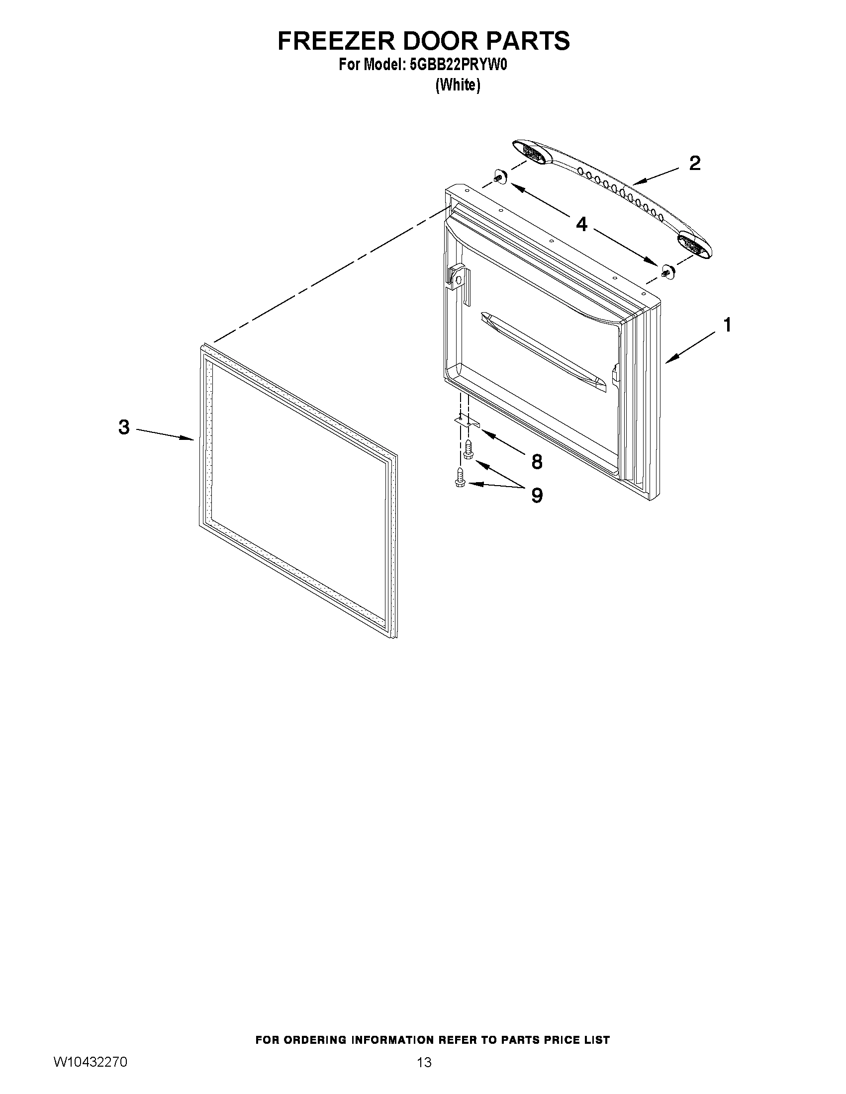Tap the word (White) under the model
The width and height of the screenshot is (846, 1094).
click(458, 85)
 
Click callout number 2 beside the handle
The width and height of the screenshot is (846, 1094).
click(694, 164)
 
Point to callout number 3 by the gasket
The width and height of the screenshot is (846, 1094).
click(124, 427)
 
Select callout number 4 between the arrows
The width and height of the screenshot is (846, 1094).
click(581, 224)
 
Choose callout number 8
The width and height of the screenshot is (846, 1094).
click(537, 462)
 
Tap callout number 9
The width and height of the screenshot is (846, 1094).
click(537, 496)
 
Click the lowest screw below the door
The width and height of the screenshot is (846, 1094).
click(459, 478)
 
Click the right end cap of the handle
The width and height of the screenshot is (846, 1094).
click(694, 245)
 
